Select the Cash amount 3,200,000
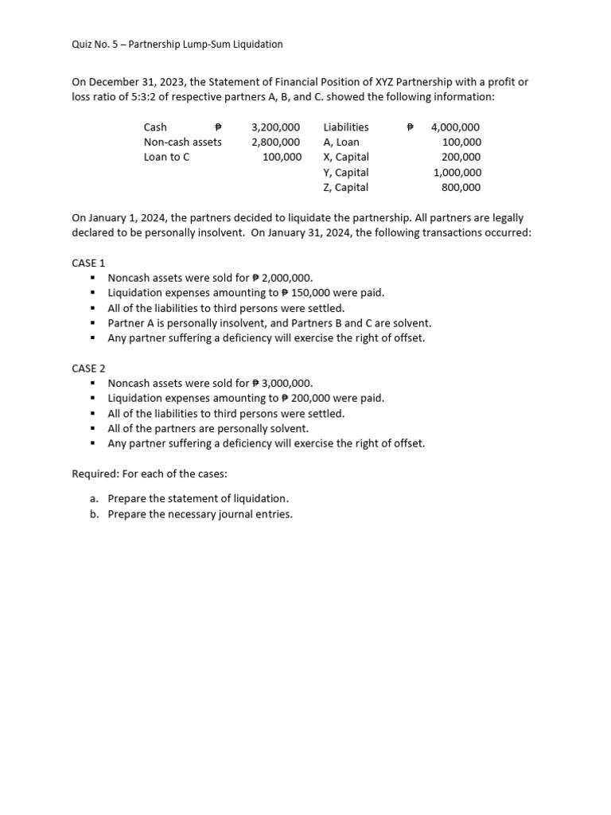275,127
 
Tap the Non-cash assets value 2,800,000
275,142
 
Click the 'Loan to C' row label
166,157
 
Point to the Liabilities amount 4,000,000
455,127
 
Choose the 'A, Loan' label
341,142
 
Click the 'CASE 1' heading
88,263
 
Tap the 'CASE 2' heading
88,368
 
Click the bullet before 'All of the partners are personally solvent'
93,428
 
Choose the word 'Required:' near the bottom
95,474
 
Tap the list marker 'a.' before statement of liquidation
94,498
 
